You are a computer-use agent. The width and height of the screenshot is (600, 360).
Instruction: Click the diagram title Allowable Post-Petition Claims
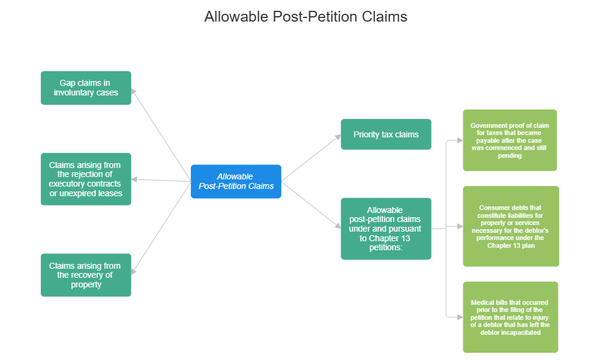click(x=305, y=16)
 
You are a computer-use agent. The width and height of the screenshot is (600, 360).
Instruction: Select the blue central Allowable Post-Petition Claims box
click(x=236, y=181)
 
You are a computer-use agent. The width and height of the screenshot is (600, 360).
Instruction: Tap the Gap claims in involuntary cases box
click(x=86, y=88)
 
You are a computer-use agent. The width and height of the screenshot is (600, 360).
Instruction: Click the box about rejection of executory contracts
click(x=86, y=179)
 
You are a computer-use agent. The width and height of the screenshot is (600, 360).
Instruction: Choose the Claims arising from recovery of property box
click(x=86, y=275)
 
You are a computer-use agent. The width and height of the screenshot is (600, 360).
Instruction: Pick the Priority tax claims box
click(x=386, y=134)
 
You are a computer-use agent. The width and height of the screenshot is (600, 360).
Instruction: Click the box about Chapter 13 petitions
click(x=386, y=229)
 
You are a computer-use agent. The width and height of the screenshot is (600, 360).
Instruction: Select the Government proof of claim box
click(x=509, y=140)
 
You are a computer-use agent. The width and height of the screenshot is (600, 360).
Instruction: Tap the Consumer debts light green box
click(x=511, y=226)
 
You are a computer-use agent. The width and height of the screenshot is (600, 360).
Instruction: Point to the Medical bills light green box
click(x=510, y=317)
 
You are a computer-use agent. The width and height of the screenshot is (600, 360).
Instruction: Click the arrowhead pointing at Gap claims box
click(x=134, y=91)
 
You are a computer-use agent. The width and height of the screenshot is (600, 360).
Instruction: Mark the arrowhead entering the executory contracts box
click(x=135, y=179)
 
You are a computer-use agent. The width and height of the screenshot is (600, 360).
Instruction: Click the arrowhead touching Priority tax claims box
click(x=337, y=137)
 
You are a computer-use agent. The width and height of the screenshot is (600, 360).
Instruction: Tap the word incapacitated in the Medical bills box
click(x=524, y=332)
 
